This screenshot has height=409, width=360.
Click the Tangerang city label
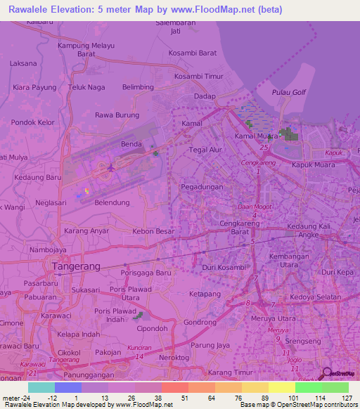[x=76, y=266]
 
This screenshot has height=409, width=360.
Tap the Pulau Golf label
[x=289, y=92]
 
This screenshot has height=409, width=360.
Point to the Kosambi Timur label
[x=198, y=76]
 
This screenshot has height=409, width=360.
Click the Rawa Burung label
[x=117, y=115]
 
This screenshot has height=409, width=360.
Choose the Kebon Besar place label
[x=153, y=231]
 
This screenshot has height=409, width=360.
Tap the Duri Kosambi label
[x=222, y=268]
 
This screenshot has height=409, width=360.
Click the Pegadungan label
[x=202, y=187]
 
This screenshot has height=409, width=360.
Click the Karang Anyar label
[x=86, y=231]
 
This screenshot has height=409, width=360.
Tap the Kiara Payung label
[x=34, y=87]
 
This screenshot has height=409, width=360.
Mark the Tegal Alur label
[x=206, y=150]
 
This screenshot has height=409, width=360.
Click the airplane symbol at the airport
[x=111, y=167]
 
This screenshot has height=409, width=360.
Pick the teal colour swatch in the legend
[x=41, y=387]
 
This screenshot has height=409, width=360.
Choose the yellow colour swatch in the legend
[x=281, y=387]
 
